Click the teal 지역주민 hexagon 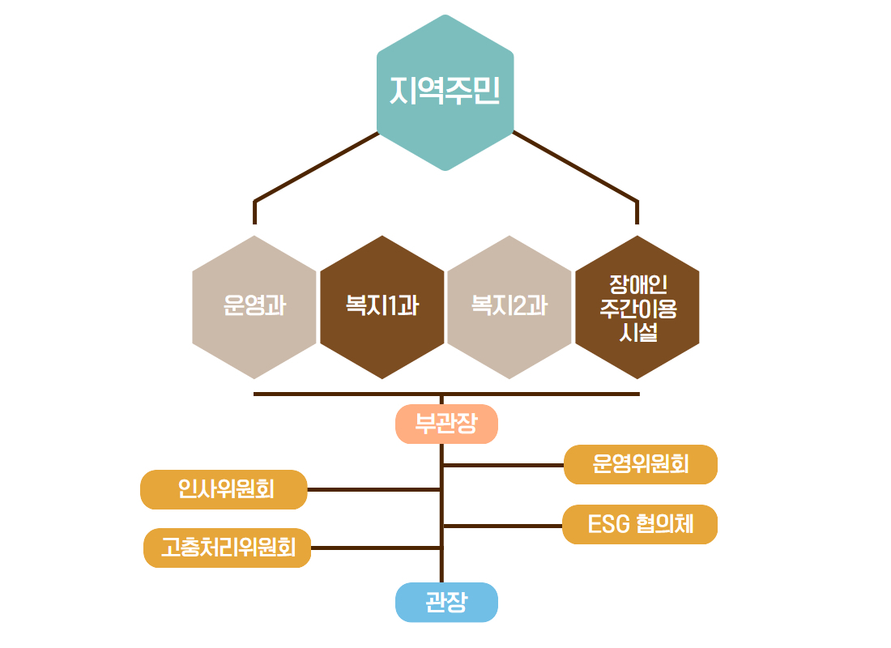pyautogui.click(x=446, y=92)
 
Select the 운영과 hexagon pyautogui.click(x=254, y=307)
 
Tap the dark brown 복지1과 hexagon pyautogui.click(x=382, y=307)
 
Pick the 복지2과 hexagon pyautogui.click(x=509, y=307)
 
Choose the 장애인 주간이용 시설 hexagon pyautogui.click(x=637, y=307)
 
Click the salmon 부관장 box pyautogui.click(x=446, y=424)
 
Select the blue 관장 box pyautogui.click(x=446, y=603)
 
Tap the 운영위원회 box pyautogui.click(x=641, y=464)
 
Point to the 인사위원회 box pyautogui.click(x=224, y=489)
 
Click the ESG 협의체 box pyautogui.click(x=640, y=524)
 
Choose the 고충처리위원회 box pyautogui.click(x=228, y=548)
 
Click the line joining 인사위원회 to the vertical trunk pyautogui.click(x=374, y=489)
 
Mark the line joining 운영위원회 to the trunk pyautogui.click(x=503, y=465)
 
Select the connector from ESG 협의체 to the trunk pyautogui.click(x=502, y=526)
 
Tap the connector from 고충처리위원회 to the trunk pyautogui.click(x=376, y=548)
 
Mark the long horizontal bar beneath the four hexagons pyautogui.click(x=446, y=394)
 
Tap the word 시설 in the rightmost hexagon pyautogui.click(x=638, y=333)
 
